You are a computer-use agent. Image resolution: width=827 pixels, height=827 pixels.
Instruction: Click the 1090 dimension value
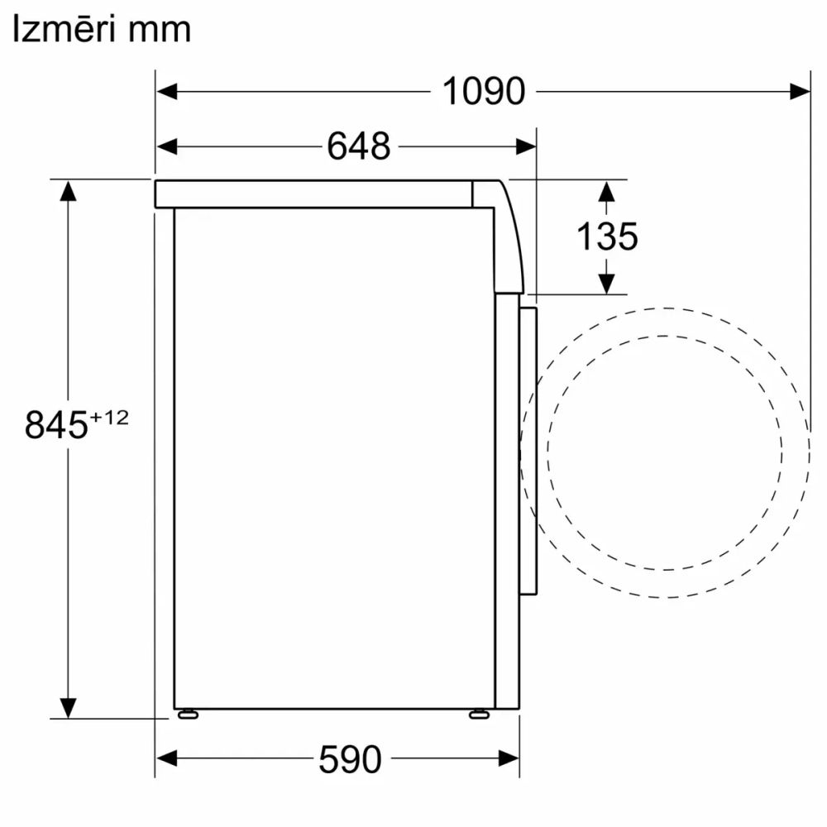(484, 91)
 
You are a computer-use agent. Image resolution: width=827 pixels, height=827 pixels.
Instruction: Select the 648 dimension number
(358, 147)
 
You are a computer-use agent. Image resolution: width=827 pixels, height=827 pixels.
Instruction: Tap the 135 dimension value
(606, 237)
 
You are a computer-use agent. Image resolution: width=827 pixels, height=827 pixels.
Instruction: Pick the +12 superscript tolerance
(110, 418)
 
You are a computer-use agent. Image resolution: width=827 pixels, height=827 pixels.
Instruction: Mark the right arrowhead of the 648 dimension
(526, 147)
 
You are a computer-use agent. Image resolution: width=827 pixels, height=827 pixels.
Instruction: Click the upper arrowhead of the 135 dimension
(606, 192)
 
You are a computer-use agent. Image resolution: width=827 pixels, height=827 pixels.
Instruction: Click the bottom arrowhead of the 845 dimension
(69, 707)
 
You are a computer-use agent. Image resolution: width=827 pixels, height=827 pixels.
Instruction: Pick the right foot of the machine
(478, 714)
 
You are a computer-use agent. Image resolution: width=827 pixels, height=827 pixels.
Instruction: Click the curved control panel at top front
(506, 236)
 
